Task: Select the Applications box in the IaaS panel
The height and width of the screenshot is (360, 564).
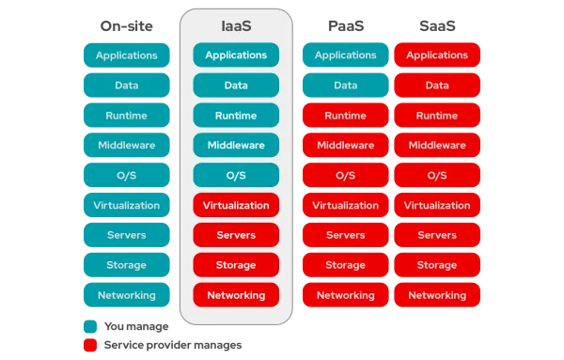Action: tap(236, 55)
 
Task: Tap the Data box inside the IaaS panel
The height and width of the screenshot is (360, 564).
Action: tap(236, 86)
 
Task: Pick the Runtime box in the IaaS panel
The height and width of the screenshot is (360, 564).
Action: tap(236, 116)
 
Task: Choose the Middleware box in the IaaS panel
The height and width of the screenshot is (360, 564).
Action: tap(236, 146)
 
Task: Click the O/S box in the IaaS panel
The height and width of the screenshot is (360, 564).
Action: tap(236, 176)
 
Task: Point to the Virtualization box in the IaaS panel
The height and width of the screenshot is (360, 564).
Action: tap(236, 205)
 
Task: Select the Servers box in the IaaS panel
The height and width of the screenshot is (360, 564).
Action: tap(236, 235)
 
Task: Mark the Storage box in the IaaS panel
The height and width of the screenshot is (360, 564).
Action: tap(236, 265)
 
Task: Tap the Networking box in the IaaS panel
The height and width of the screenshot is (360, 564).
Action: tap(236, 295)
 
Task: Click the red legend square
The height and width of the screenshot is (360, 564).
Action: tap(89, 345)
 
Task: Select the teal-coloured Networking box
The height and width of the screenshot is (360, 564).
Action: tap(127, 295)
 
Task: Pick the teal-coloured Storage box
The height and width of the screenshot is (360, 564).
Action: tap(127, 265)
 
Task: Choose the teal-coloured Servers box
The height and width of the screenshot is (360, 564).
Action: tap(127, 235)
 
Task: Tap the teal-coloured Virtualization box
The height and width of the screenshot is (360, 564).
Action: tap(127, 205)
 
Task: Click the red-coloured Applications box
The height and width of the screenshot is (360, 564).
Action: tap(437, 55)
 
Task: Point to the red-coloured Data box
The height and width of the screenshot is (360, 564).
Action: tap(437, 86)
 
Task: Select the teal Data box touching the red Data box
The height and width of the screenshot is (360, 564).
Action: tap(345, 86)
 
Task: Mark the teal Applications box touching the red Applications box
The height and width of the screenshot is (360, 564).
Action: tap(345, 55)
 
